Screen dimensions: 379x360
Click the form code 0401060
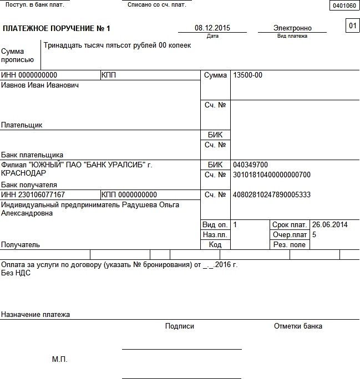click(344, 6)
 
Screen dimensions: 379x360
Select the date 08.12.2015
click(212, 28)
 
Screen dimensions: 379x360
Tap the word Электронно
click(292, 28)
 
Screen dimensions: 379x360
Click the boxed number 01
click(352, 25)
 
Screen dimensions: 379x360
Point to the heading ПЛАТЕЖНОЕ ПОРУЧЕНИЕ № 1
click(57, 28)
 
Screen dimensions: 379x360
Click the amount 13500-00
click(248, 75)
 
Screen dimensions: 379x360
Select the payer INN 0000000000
click(29, 75)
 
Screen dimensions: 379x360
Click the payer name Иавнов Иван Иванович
click(40, 85)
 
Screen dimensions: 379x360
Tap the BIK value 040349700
click(250, 165)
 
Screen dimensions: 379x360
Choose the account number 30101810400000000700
click(272, 175)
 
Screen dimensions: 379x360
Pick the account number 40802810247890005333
click(272, 195)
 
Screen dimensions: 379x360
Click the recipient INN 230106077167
click(33, 195)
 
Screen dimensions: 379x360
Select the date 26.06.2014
click(329, 225)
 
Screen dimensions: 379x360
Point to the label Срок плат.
click(290, 225)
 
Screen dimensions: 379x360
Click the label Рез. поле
click(289, 245)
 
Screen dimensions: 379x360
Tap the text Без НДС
click(16, 273)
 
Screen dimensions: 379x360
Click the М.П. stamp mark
click(59, 360)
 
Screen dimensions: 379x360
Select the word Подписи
click(180, 326)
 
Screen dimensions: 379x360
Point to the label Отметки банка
click(298, 326)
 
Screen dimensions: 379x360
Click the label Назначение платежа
click(36, 315)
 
